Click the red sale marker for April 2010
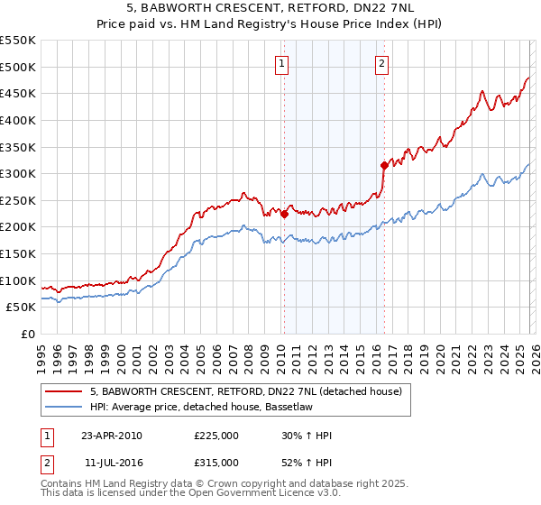point(284,214)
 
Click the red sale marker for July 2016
point(384,165)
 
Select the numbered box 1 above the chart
point(283,63)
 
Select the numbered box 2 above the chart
point(382,63)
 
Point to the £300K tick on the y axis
point(19,173)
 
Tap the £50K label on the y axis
point(22,308)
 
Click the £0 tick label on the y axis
point(27,334)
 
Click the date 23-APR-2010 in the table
point(111,436)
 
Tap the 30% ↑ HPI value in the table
point(307,436)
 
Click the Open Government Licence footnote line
point(191,495)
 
